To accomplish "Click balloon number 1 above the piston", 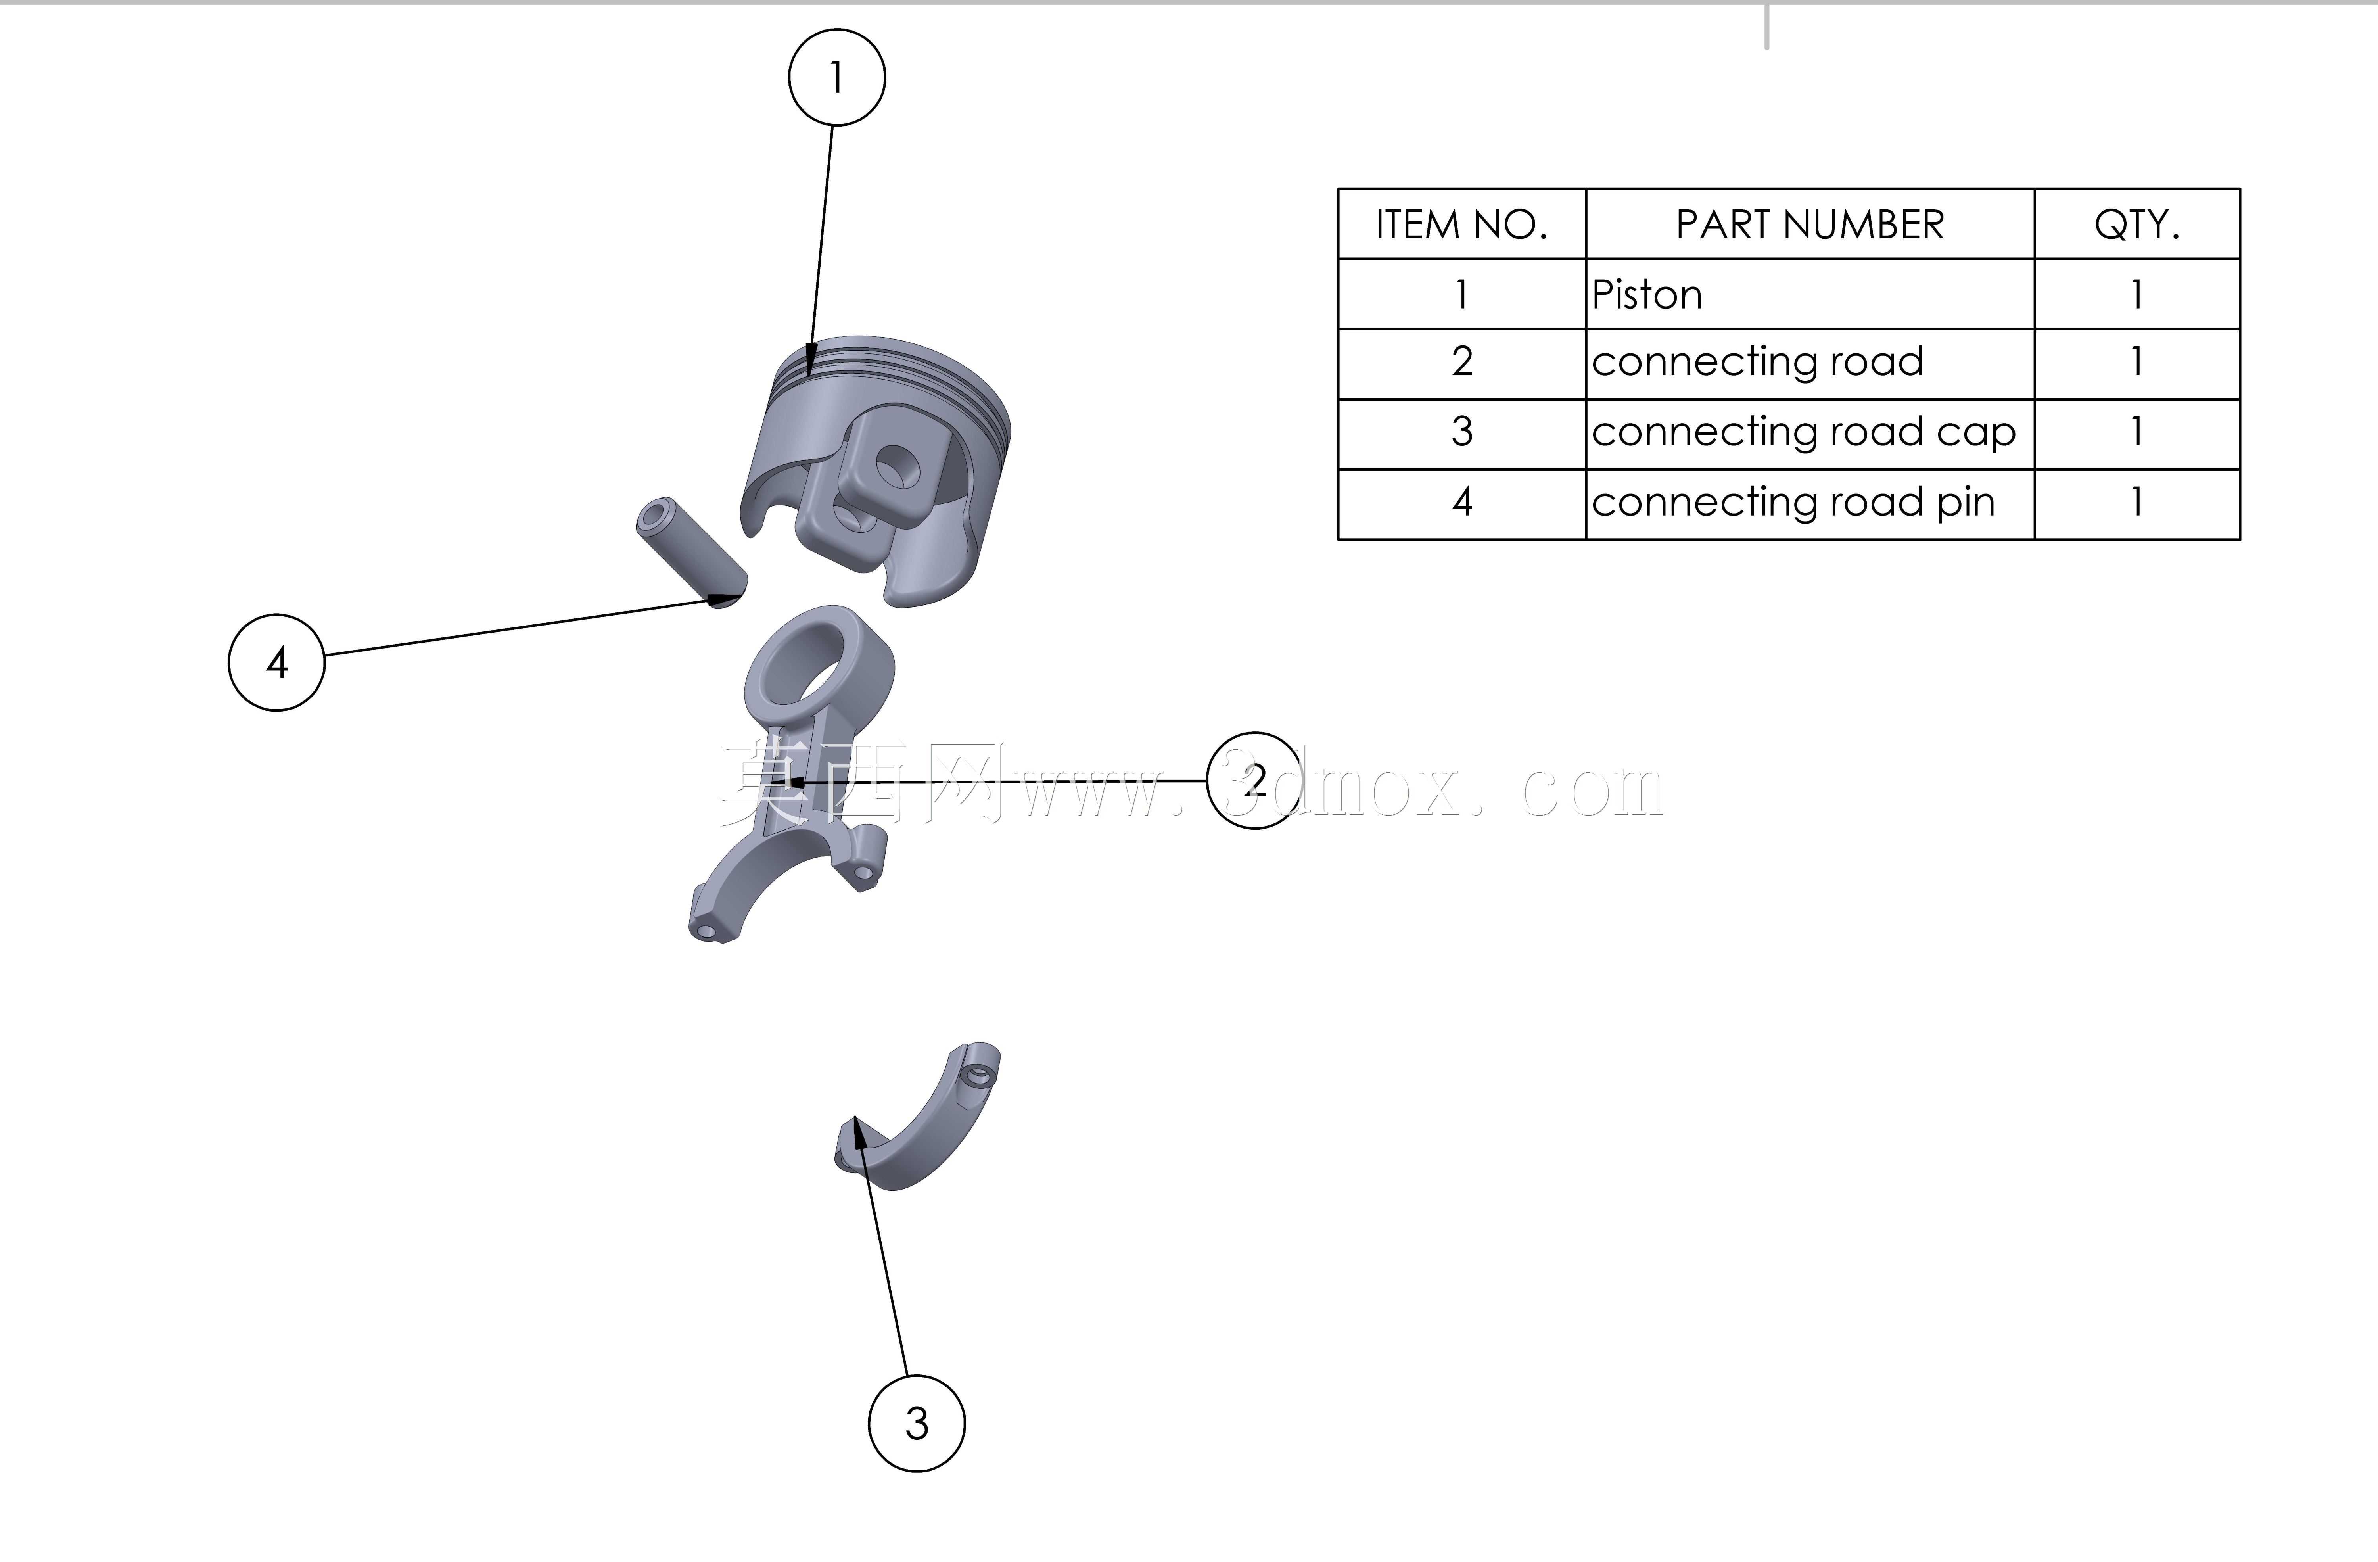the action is pyautogui.click(x=836, y=77).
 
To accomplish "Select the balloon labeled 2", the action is pyautogui.click(x=1255, y=779).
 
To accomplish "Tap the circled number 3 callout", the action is pyautogui.click(x=916, y=1423).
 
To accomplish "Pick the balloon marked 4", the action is pyautogui.click(x=277, y=662).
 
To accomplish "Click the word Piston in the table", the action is pyautogui.click(x=1647, y=295).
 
